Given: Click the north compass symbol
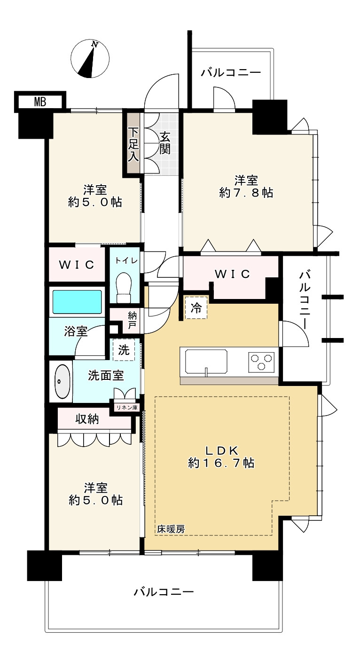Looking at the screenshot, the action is pyautogui.click(x=90, y=59).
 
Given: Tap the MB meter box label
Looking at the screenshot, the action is pyautogui.click(x=40, y=102).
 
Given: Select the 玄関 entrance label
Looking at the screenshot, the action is pyautogui.click(x=165, y=143).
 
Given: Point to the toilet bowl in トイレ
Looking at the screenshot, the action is pyautogui.click(x=124, y=287).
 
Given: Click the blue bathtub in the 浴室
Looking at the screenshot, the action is pyautogui.click(x=77, y=301).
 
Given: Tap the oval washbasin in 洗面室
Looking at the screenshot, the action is pyautogui.click(x=62, y=381).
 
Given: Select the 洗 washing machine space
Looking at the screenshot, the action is pyautogui.click(x=124, y=350).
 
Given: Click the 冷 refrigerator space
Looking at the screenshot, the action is pyautogui.click(x=196, y=308).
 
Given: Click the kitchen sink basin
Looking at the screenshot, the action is pyautogui.click(x=206, y=362).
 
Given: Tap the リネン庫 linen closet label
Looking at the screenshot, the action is pyautogui.click(x=127, y=408).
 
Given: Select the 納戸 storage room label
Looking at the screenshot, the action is pyautogui.click(x=133, y=321).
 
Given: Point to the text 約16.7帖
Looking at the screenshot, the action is pyautogui.click(x=221, y=463).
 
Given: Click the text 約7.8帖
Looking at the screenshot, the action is pyautogui.click(x=246, y=193).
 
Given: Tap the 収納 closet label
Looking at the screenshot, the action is pyautogui.click(x=87, y=419).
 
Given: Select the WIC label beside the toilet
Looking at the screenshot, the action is pyautogui.click(x=77, y=265).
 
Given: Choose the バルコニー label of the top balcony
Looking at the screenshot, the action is pyautogui.click(x=231, y=72).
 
